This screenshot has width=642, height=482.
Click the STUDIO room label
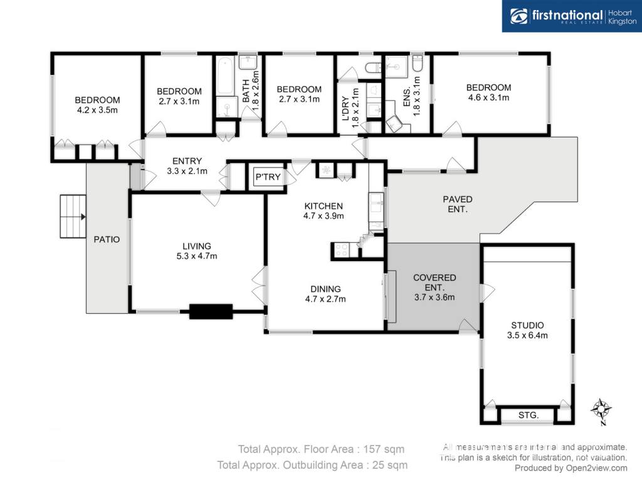[527, 326]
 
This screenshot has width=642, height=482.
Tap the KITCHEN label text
[324, 206]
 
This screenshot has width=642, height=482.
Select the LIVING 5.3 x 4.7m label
[197, 251]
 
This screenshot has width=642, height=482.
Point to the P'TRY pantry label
[268, 177]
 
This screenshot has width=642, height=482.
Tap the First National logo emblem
[518, 16]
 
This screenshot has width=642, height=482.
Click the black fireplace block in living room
[211, 311]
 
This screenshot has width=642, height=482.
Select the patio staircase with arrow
[73, 217]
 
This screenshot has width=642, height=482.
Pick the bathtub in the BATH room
[225, 76]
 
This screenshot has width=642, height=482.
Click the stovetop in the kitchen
[341, 250]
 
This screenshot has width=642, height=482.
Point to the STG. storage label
[528, 415]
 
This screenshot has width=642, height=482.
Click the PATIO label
[107, 239]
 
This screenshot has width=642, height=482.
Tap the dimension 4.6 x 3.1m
[488, 97]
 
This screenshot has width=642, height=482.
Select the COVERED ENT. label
[434, 282]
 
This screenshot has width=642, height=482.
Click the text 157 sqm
[384, 449]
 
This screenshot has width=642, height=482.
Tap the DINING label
[325, 289]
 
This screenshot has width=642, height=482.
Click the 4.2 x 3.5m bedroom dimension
[97, 110]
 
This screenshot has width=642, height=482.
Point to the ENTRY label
[187, 161]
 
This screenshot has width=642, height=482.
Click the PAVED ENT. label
[458, 204]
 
